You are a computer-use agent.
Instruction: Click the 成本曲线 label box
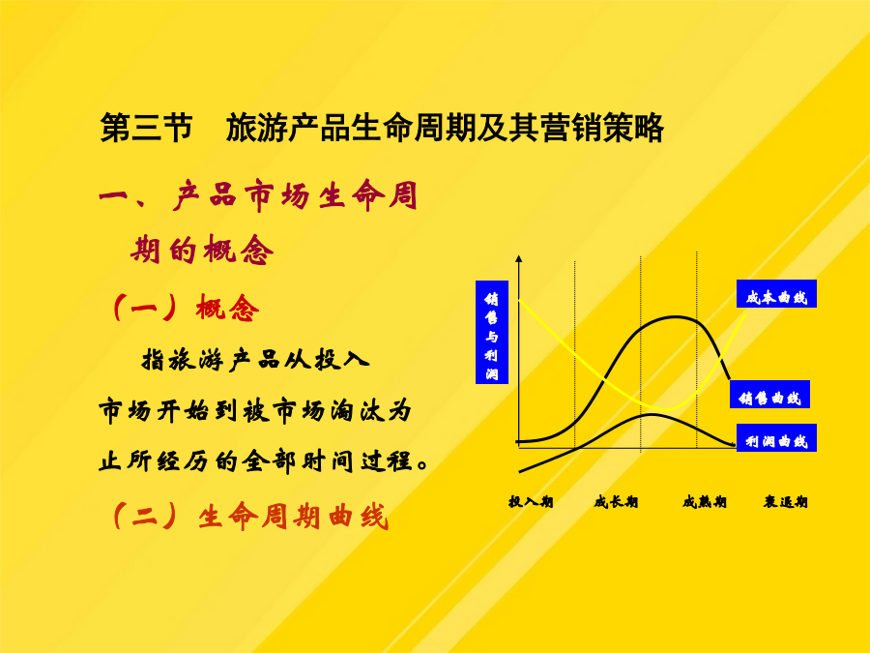(x=776, y=294)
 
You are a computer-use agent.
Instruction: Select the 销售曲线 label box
(x=769, y=395)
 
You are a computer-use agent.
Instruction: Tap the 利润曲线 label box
(x=776, y=437)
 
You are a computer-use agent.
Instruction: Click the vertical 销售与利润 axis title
(x=492, y=332)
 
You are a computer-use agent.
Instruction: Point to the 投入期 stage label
(x=531, y=502)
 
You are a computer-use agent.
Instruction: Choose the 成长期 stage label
(x=616, y=502)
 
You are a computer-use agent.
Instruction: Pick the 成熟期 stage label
(x=704, y=502)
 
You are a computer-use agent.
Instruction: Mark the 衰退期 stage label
(x=785, y=502)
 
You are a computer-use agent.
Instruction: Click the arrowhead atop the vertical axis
(x=519, y=258)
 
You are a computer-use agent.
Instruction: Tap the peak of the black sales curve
(x=676, y=317)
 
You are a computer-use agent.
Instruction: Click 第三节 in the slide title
(x=146, y=128)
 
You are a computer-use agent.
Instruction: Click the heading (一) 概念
(x=185, y=307)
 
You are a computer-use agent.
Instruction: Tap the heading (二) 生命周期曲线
(x=249, y=517)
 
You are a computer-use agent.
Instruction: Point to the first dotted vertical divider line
(x=575, y=354)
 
